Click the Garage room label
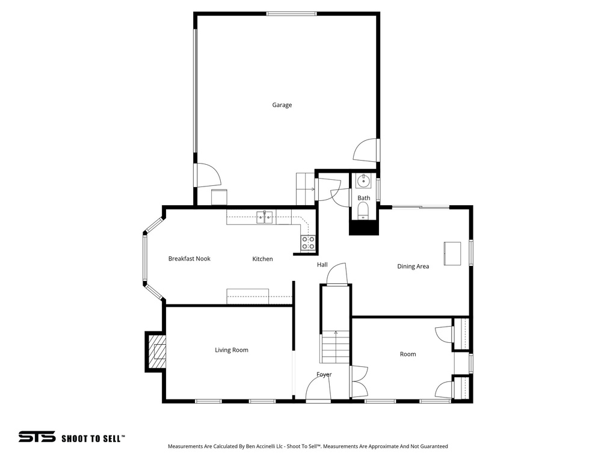pyautogui.click(x=282, y=105)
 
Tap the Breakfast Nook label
pyautogui.click(x=189, y=259)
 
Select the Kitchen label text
pyautogui.click(x=262, y=259)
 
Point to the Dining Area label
pyautogui.click(x=413, y=266)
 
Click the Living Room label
pyautogui.click(x=232, y=350)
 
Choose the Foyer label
pyautogui.click(x=324, y=375)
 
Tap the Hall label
pyautogui.click(x=322, y=265)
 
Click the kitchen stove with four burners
pyautogui.click(x=308, y=242)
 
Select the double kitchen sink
pyautogui.click(x=265, y=217)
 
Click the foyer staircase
pyautogui.click(x=335, y=348)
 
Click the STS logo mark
pyautogui.click(x=37, y=437)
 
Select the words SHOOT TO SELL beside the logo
pyautogui.click(x=93, y=439)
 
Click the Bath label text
pyautogui.click(x=364, y=198)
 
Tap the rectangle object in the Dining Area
pyautogui.click(x=452, y=253)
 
